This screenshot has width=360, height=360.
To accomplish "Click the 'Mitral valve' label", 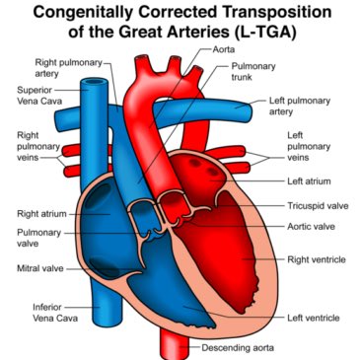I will (x=38, y=267).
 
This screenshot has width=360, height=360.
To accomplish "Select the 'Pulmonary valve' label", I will (x=38, y=240).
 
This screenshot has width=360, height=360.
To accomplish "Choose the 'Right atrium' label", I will (x=39, y=212).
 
